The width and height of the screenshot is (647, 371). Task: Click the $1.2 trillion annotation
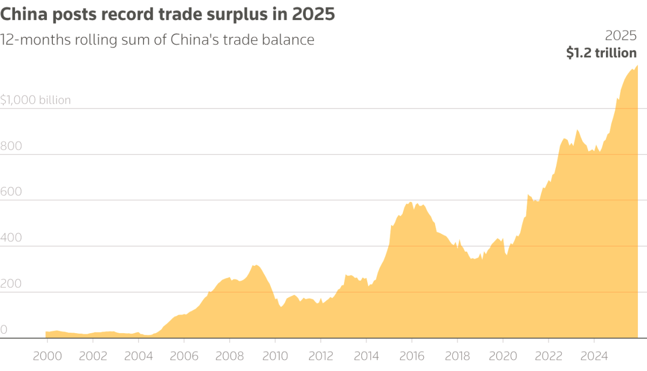coord(601,53)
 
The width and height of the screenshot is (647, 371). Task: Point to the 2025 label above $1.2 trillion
coord(621,36)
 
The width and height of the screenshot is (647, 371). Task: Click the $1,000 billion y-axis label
coord(36,100)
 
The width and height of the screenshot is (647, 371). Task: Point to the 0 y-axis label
coord(4,329)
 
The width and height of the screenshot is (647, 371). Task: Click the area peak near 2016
coord(411,202)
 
